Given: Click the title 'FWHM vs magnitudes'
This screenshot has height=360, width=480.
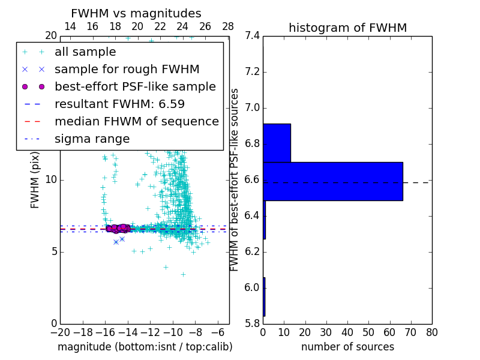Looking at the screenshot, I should pos(136,13).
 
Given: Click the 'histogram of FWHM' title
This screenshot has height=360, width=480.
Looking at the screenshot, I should pos(347,28).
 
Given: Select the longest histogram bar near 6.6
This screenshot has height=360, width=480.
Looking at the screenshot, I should pos(332,181).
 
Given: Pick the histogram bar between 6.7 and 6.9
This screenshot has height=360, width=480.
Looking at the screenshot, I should pos(277,143).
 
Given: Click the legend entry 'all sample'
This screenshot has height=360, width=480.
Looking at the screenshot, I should pos(85,52).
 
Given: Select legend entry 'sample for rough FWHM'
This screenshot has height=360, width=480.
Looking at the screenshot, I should pos(127,70).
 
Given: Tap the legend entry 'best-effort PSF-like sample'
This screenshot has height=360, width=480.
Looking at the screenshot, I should pos(135,87).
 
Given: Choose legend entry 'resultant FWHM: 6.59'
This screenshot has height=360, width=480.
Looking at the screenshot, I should pos(119,104).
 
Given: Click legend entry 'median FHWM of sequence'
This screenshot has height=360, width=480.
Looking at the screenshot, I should pos(136,122).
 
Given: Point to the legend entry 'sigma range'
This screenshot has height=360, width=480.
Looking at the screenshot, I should pos(92,139).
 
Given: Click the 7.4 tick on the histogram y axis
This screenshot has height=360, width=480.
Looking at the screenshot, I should pos(252,36).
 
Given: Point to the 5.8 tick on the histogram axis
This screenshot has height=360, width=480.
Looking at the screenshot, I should pos(252,324).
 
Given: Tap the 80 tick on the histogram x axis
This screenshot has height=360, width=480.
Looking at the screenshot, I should pos(431,332).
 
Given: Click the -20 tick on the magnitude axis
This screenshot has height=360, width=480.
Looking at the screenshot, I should pos(60,332).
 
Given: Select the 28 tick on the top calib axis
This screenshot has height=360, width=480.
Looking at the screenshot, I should pos(228,26).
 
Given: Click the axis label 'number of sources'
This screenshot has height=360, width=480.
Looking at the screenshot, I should pos(347,347).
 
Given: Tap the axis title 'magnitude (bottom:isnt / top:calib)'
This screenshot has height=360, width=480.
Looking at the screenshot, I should pos(145,347).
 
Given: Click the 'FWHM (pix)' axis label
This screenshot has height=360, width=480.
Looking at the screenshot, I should pos(35,180).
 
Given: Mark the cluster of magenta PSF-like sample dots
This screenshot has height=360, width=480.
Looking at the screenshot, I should pos(118,228).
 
